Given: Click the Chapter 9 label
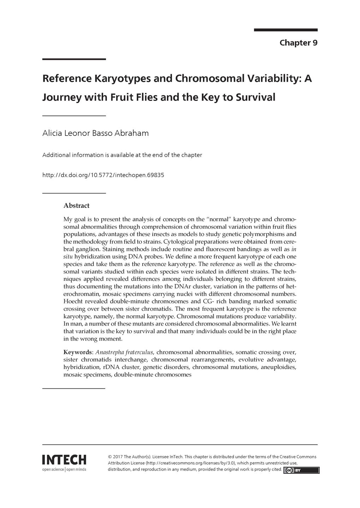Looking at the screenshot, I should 298,43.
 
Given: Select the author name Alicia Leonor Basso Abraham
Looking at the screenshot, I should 95,133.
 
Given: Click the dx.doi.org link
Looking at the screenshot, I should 103,175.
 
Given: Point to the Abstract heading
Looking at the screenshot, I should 76,206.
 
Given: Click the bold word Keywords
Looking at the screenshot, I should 78,352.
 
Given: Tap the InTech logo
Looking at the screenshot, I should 64,460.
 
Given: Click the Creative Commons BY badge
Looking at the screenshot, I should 301,470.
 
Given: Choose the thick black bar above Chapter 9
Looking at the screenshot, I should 286,30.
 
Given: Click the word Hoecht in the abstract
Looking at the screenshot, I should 73,301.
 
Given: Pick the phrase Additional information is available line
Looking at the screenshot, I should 122,155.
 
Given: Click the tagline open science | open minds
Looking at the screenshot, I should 64,469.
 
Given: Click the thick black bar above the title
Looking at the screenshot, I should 74,59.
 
